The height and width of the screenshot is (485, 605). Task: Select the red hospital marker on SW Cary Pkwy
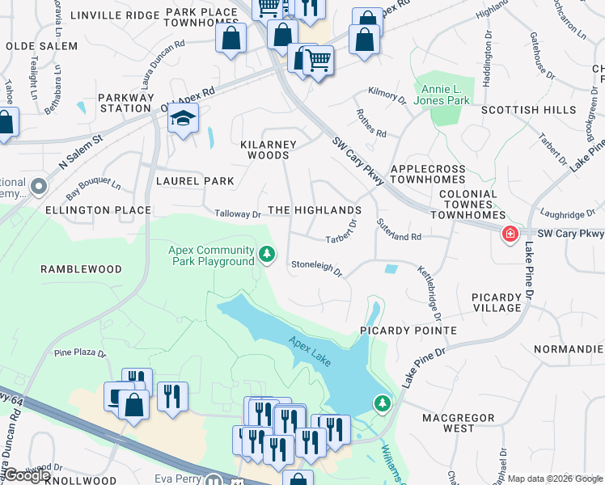tap(510, 234)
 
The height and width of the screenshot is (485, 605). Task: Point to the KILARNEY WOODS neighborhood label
tap(269, 150)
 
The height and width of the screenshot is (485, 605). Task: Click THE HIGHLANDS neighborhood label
tap(314, 210)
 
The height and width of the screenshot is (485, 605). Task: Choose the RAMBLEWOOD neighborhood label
tap(83, 269)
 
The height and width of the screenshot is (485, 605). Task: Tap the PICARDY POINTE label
tap(408, 331)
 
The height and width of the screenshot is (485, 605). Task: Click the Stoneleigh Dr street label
tap(316, 268)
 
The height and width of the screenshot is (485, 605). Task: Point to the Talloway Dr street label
tap(238, 214)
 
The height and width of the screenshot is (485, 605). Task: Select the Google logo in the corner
tap(26, 475)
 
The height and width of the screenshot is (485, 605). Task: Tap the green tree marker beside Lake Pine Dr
tap(381, 402)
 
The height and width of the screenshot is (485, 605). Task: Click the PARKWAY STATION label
tap(126, 103)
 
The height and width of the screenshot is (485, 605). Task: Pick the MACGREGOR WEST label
tap(459, 423)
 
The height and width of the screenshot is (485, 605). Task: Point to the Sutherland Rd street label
tap(399, 228)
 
